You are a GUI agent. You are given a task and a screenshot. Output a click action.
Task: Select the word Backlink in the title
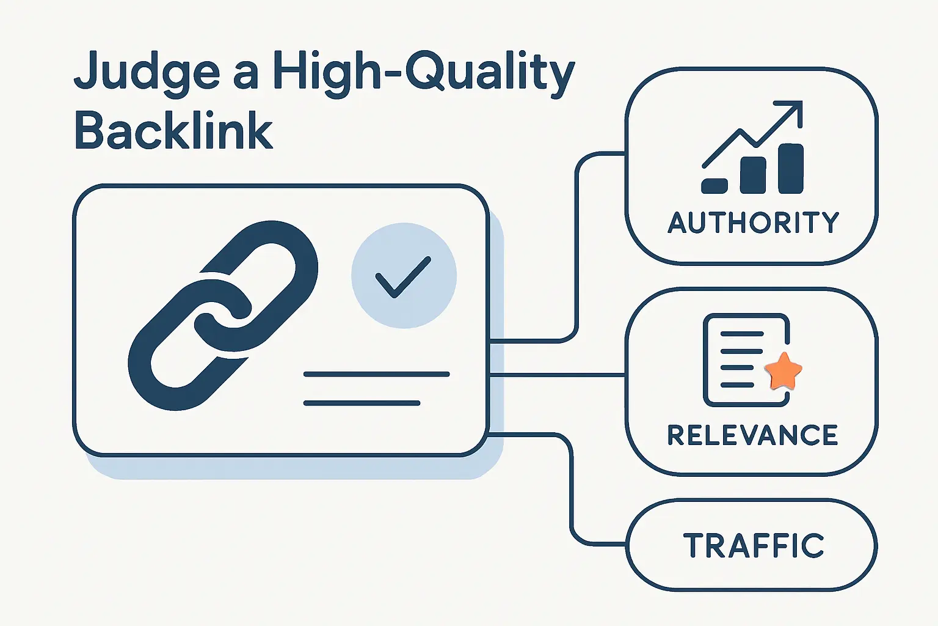(x=173, y=131)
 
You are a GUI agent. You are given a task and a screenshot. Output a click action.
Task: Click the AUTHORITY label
(x=754, y=223)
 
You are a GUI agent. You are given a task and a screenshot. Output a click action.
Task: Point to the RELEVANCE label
(x=752, y=435)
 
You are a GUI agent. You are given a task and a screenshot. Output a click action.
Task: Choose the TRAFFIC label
(x=754, y=545)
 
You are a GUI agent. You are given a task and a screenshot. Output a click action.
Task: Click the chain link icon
(x=223, y=315)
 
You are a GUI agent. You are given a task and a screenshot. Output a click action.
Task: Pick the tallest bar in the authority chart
(x=791, y=169)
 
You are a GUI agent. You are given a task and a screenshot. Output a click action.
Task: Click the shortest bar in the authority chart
(x=714, y=186)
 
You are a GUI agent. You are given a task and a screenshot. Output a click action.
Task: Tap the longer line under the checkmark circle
(x=376, y=374)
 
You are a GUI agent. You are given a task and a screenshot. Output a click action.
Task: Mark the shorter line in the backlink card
(x=362, y=403)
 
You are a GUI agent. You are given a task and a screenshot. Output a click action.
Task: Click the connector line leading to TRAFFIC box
(x=572, y=489)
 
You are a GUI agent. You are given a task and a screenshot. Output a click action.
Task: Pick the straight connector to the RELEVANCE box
(x=557, y=374)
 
